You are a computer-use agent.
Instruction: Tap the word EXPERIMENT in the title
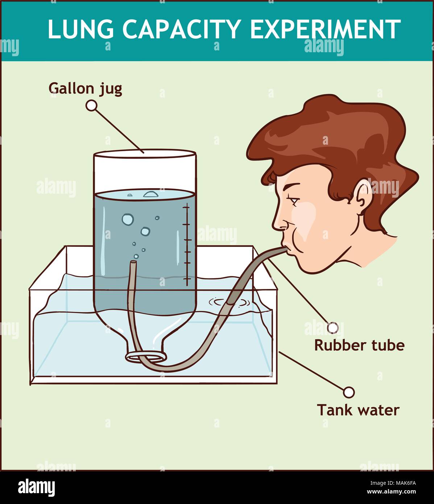click(x=325, y=29)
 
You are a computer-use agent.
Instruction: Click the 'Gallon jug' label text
click(x=85, y=88)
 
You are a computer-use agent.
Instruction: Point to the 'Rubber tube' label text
click(x=359, y=345)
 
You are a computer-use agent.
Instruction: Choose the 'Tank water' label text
click(x=358, y=410)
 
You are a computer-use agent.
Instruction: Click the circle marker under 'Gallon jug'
click(x=91, y=106)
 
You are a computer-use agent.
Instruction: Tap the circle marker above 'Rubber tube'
click(x=332, y=327)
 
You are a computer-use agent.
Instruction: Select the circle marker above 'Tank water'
click(x=349, y=392)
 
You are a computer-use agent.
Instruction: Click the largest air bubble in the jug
click(x=128, y=219)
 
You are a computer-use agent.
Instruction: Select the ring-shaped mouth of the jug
click(x=146, y=356)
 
